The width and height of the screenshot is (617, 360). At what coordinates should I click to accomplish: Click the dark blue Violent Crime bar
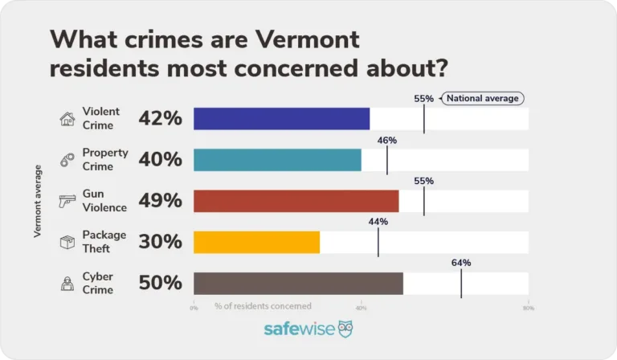click(x=281, y=119)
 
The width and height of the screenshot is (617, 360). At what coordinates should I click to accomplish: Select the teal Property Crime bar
click(x=277, y=160)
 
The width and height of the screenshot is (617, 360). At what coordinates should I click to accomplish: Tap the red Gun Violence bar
click(x=296, y=201)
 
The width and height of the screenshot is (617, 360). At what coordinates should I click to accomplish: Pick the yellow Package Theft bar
click(x=256, y=242)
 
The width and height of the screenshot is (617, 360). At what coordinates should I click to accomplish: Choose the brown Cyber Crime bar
click(x=298, y=283)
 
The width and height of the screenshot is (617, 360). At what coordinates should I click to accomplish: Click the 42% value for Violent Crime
click(x=161, y=119)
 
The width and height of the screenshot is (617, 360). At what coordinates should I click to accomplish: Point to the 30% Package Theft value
click(x=161, y=242)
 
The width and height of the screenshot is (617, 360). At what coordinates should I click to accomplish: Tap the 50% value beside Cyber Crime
click(x=161, y=283)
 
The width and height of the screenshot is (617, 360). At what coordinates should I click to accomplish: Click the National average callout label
click(x=483, y=99)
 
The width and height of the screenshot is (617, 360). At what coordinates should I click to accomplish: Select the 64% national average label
click(x=461, y=263)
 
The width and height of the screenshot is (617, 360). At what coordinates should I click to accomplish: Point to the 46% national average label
click(x=387, y=140)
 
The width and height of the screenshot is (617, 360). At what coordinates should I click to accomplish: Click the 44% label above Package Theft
click(x=378, y=222)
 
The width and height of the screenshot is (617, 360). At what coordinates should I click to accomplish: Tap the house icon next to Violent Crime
click(x=67, y=120)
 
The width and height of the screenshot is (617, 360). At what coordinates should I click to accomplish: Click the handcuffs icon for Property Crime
click(x=67, y=161)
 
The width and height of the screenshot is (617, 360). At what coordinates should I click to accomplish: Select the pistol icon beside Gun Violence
click(x=67, y=202)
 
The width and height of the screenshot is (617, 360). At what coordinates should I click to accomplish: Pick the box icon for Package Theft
click(x=67, y=243)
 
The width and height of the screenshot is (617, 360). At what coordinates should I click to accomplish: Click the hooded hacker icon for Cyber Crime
click(x=67, y=284)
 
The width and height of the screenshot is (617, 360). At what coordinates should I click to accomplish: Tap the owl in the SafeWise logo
click(x=345, y=329)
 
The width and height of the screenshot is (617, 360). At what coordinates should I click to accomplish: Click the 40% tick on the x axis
click(x=361, y=307)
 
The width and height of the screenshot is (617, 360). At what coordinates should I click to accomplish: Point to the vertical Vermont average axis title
click(x=38, y=201)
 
